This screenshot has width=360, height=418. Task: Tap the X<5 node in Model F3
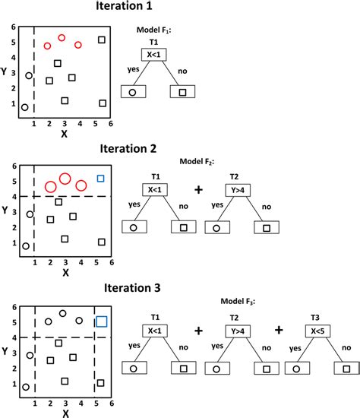point(318,331)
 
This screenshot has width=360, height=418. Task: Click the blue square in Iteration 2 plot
point(100,179)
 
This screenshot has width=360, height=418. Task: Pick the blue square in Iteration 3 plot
point(101,321)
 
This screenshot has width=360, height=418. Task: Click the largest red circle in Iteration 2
point(65,179)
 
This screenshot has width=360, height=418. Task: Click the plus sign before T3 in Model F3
point(279,331)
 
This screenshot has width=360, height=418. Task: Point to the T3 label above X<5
point(318,317)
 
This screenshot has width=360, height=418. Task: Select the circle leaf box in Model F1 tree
point(132,92)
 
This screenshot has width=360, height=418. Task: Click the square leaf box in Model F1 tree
point(182,92)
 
